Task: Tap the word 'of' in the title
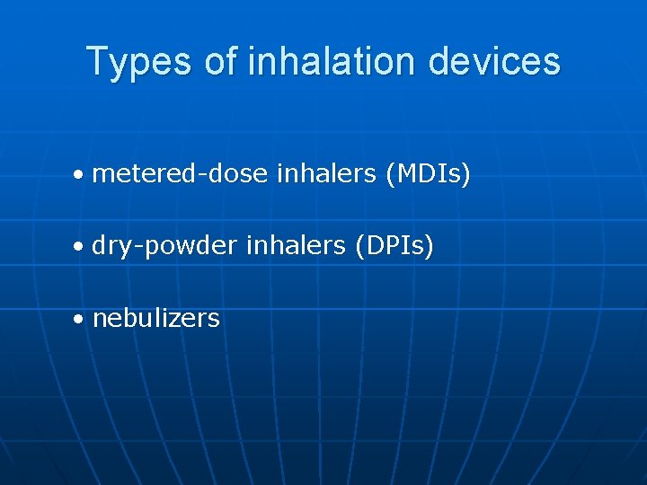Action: (220, 62)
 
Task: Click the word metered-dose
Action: (180, 173)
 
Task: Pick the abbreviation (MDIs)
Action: (427, 173)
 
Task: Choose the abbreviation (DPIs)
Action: (394, 245)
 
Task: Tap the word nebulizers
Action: (155, 318)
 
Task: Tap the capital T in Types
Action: (97, 62)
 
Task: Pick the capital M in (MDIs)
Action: (403, 173)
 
